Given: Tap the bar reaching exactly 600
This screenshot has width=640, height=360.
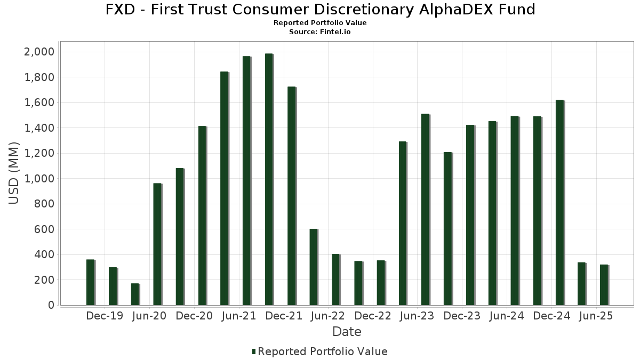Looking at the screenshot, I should [x=314, y=267].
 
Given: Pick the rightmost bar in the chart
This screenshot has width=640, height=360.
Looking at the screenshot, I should [x=604, y=285].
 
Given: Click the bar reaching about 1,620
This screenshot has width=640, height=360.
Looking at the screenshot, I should [x=559, y=203].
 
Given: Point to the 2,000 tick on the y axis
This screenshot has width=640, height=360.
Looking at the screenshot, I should [x=40, y=52].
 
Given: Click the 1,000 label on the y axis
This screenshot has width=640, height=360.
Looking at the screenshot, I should [x=40, y=179].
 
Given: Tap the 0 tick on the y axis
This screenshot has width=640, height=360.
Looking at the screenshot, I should [x=51, y=305].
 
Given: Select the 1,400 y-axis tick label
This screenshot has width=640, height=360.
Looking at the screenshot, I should [x=40, y=128].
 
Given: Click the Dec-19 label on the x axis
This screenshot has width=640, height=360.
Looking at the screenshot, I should [x=105, y=316].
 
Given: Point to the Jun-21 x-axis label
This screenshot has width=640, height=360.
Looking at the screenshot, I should [x=238, y=316].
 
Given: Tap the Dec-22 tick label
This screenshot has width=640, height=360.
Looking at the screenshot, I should [x=373, y=316].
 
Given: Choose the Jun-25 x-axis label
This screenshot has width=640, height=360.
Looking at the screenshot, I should [x=596, y=316].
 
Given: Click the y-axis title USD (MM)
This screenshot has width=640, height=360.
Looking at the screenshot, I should [x=14, y=173].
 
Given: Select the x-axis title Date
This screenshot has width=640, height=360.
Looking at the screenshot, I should [x=347, y=332].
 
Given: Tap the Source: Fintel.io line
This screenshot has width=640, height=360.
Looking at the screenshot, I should [x=320, y=32].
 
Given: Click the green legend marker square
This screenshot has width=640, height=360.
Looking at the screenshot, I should [x=254, y=351].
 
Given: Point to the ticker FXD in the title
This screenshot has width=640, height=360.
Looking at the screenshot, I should [x=119, y=10].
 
